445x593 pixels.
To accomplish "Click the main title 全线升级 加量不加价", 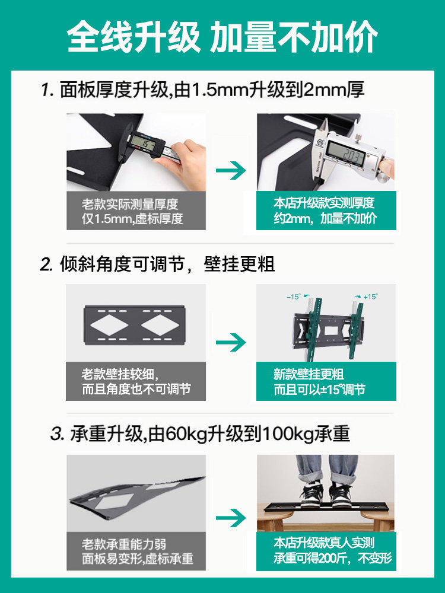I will pos(222,37).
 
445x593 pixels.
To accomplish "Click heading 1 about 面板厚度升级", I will pos(202,90).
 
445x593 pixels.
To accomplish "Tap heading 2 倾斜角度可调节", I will pos(157,263).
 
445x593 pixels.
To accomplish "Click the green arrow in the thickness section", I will pos(230,171).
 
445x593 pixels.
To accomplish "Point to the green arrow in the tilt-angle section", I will pos(230,342).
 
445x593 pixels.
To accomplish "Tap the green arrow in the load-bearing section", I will pos(230,518).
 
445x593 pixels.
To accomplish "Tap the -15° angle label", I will pos(293,296).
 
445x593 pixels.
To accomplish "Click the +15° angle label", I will pos(370,296).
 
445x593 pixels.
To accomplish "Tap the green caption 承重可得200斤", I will pos(325,558).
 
